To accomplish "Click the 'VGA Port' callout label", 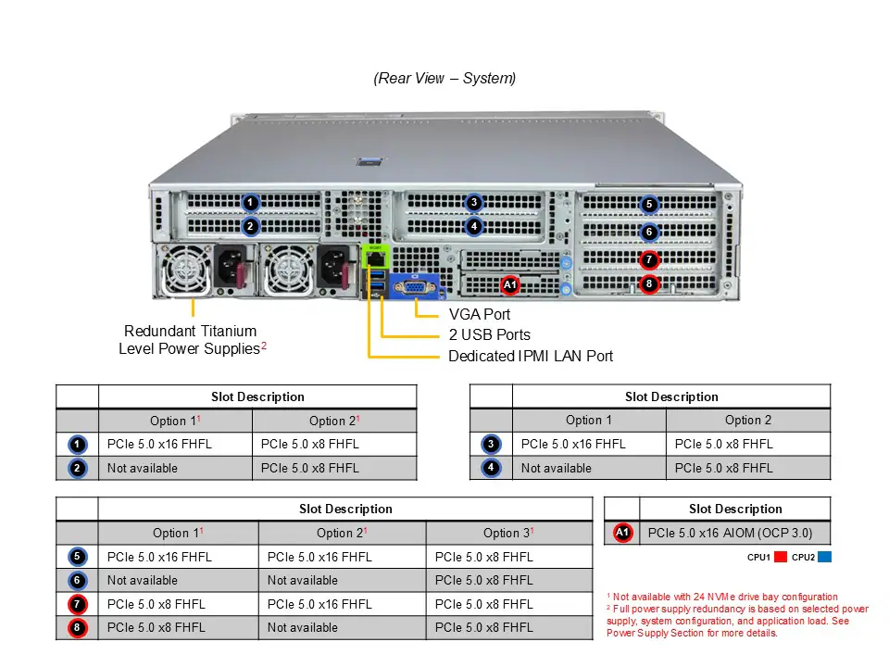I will coord(479,315).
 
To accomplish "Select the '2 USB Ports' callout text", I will coord(489,335).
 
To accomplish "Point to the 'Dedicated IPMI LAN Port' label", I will coord(530,357).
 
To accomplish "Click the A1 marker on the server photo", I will coord(510,284).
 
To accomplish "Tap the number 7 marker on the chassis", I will coord(649,260).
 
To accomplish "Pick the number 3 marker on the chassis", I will coord(473,203).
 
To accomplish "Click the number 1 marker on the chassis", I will coord(250,202).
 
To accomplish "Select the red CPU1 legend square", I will coord(780,558).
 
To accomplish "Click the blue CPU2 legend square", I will coord(825,558).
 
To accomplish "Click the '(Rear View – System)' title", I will coord(444,79).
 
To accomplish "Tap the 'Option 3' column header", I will coord(508,533).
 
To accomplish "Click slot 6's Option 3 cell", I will coord(508,581).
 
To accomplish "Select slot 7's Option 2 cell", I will coord(342,604).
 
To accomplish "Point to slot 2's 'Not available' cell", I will coord(175,469).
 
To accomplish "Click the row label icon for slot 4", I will coord(491,469).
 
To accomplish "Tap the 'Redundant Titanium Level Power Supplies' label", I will coord(192,340).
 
